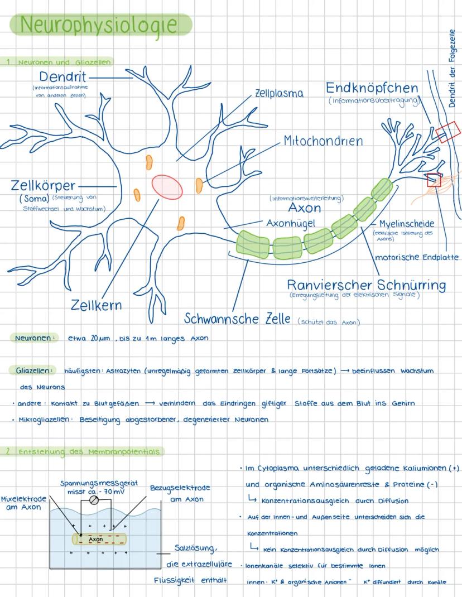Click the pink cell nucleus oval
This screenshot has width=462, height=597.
(167, 186)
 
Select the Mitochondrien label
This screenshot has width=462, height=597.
(323, 141)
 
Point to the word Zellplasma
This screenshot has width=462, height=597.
(279, 94)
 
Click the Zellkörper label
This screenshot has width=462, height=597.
(43, 185)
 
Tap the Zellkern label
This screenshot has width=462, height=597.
(96, 305)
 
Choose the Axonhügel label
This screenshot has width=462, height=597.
(291, 223)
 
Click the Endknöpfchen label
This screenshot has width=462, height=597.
(372, 88)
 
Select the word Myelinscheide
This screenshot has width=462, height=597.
(406, 224)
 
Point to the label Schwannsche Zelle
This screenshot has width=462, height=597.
(238, 319)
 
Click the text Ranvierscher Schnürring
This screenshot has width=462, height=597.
(366, 285)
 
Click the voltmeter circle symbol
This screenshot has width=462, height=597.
(94, 500)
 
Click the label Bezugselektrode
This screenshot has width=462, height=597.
(180, 488)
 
